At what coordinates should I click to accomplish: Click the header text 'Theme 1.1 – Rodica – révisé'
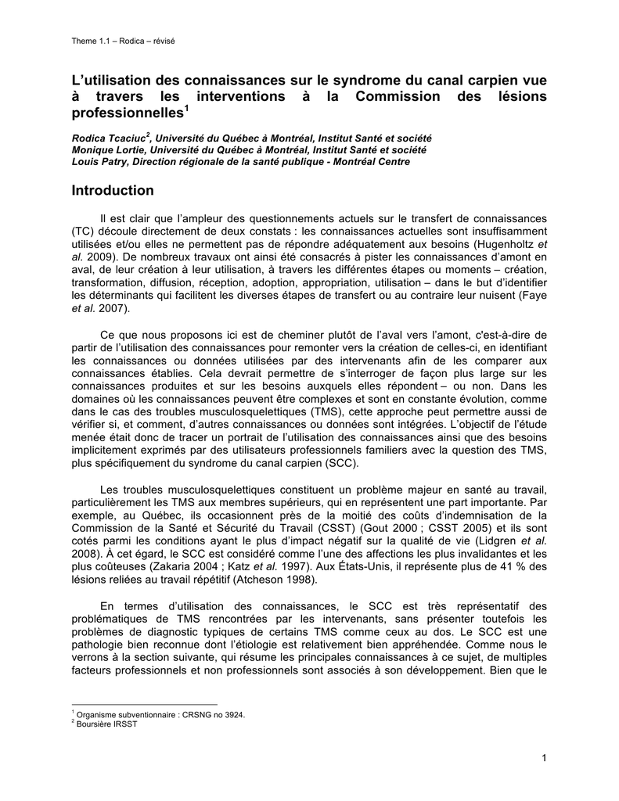122,41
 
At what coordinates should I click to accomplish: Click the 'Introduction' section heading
113,191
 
